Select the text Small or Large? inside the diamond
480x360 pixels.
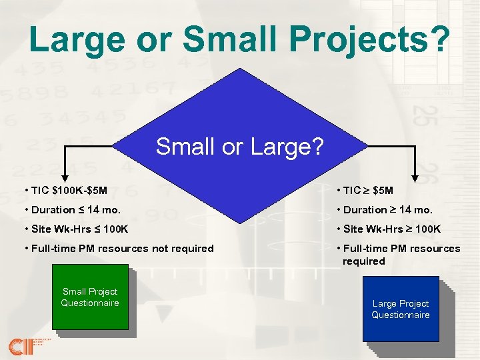click(x=239, y=147)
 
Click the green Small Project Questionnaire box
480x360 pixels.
click(x=90, y=298)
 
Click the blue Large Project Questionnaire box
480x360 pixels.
click(x=400, y=309)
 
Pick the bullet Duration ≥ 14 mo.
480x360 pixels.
click(x=386, y=209)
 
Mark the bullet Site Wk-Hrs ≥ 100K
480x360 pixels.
click(x=391, y=229)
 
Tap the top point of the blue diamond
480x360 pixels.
click(x=240, y=61)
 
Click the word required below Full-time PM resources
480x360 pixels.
click(x=363, y=261)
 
